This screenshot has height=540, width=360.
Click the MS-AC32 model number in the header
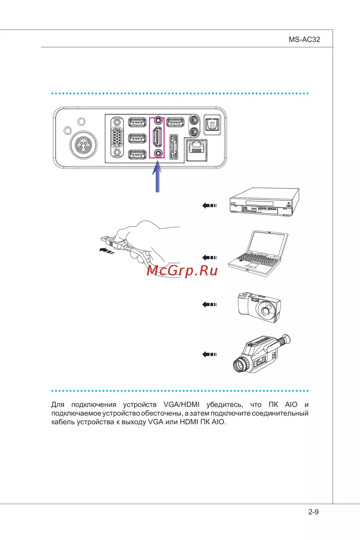pos(304,40)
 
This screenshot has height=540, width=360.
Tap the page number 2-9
pos(314,512)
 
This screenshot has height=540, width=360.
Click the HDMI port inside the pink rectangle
pos(157,136)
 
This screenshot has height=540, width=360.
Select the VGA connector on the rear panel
pos(117,137)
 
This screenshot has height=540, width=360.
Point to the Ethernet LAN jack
pos(197,149)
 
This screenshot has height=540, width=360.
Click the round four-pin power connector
pos(84,145)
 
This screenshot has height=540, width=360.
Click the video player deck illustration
pos(264,202)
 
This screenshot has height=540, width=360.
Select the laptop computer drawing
pos(258,253)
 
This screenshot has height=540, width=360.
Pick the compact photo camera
pos(259,307)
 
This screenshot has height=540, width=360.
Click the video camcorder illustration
pos(262,353)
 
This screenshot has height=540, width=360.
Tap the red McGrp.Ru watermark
pos(182,270)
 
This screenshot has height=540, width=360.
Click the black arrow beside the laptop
pos(209,257)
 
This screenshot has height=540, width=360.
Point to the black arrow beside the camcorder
pos(209,354)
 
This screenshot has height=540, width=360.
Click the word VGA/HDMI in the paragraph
pos(181,405)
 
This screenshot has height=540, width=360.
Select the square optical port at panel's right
pos(212,125)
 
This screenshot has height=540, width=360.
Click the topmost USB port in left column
pos(137,122)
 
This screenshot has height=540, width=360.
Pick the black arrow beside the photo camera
pos(209,305)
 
